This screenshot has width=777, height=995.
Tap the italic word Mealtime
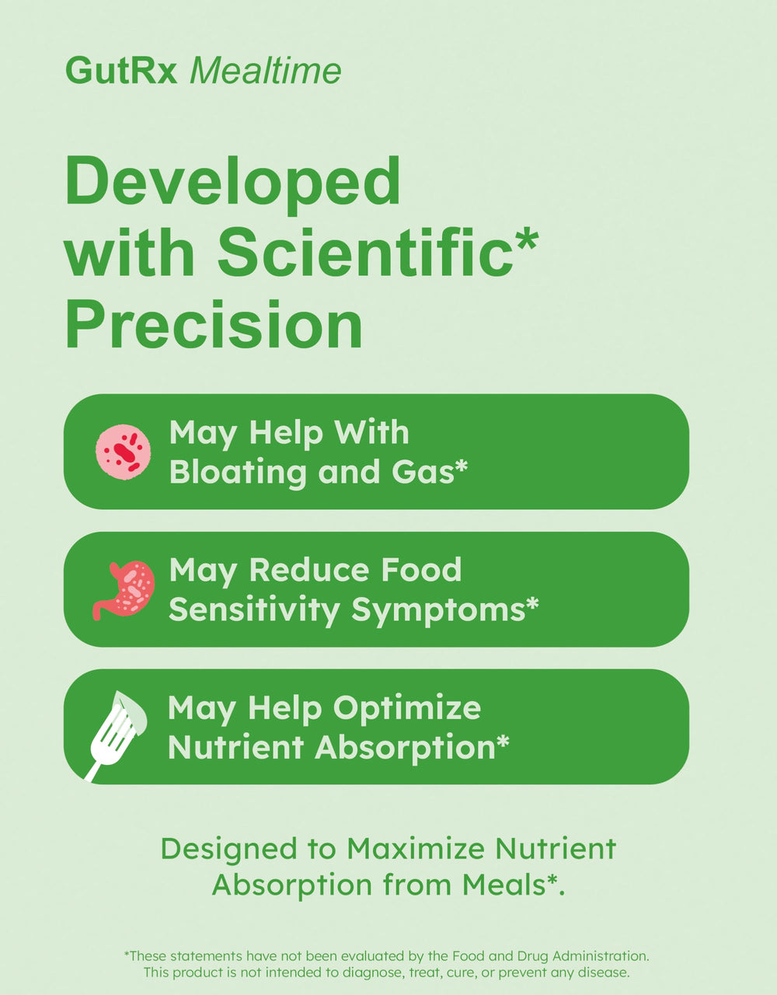265,71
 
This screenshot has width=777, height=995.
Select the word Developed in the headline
232,181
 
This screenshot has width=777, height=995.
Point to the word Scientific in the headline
365,253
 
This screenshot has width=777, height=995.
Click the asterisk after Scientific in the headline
526,238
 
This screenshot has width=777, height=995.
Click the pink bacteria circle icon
123,451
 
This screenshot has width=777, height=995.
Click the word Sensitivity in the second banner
255,609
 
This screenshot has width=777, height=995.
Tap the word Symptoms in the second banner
438,609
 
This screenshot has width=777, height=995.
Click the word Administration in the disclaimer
599,956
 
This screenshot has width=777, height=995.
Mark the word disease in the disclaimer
605,972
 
